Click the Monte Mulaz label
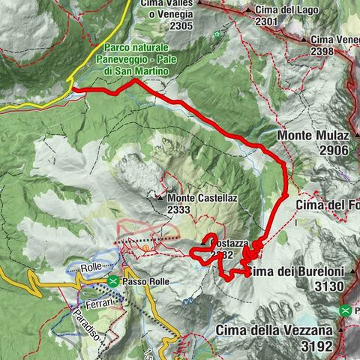point(317,136)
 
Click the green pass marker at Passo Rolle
point(112,282)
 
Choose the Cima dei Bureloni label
point(296,271)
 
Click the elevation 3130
point(329,286)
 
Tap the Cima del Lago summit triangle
point(249,9)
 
